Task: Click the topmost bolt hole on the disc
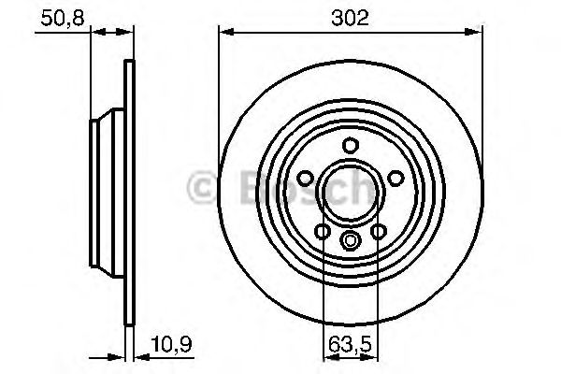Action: point(351,145)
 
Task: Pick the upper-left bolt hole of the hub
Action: point(306,178)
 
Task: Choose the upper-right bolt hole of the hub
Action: point(395,178)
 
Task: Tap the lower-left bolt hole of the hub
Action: point(323,231)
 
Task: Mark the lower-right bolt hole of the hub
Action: point(379,231)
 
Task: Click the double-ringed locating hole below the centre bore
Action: point(351,241)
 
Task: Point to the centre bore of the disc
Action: point(351,192)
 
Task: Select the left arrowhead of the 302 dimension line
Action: point(224,34)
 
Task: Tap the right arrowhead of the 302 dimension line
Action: point(478,34)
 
